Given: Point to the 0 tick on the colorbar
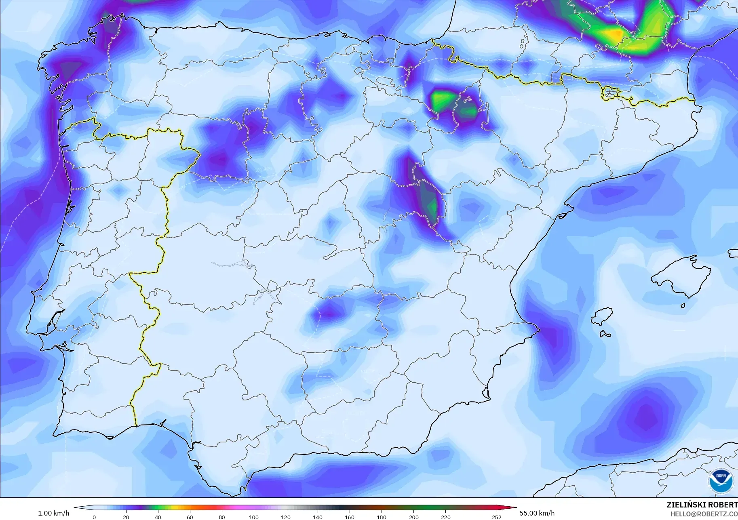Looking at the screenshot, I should [94, 517].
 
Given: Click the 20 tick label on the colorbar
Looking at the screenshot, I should [126, 517].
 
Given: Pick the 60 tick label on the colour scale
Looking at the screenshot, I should [190, 517].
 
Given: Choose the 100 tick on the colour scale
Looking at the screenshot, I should [253, 517].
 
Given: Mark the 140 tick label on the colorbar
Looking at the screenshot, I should [317, 517].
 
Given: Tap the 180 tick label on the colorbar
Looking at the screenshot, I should [381, 517].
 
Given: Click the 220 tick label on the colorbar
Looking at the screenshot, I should [445, 517].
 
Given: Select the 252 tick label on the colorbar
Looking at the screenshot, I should [497, 517].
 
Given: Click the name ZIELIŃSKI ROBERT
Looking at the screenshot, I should [702, 505].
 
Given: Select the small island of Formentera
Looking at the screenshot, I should [605, 334].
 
